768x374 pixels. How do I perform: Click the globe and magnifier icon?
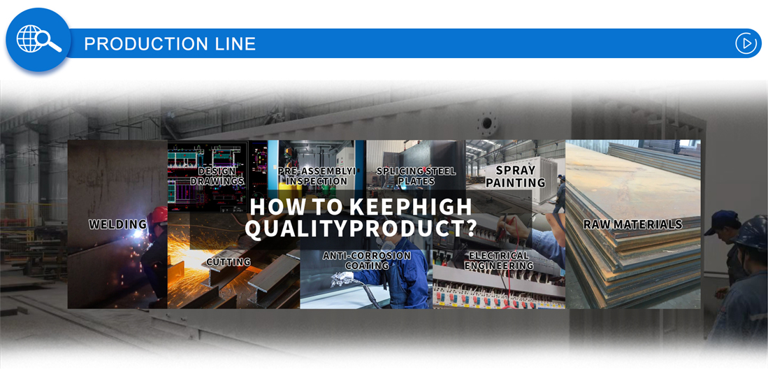click(x=38, y=39)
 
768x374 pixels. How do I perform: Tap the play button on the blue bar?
click(x=746, y=43)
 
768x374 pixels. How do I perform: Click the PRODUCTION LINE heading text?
click(x=170, y=43)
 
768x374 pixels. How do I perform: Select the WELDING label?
click(x=117, y=224)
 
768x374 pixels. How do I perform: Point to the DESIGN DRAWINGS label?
click(x=217, y=176)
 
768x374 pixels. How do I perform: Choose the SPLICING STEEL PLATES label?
click(x=416, y=176)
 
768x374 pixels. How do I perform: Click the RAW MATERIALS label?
click(x=632, y=224)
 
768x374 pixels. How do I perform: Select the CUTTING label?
click(x=229, y=261)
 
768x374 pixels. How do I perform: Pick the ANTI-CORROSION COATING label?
click(x=366, y=260)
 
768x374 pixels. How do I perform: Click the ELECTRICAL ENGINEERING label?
click(x=499, y=260)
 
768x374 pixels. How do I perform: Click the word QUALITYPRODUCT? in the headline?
click(x=361, y=229)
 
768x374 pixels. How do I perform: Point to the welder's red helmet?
click(x=159, y=215)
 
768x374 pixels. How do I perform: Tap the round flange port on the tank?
click(x=487, y=124)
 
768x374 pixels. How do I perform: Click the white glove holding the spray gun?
click(x=342, y=279)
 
